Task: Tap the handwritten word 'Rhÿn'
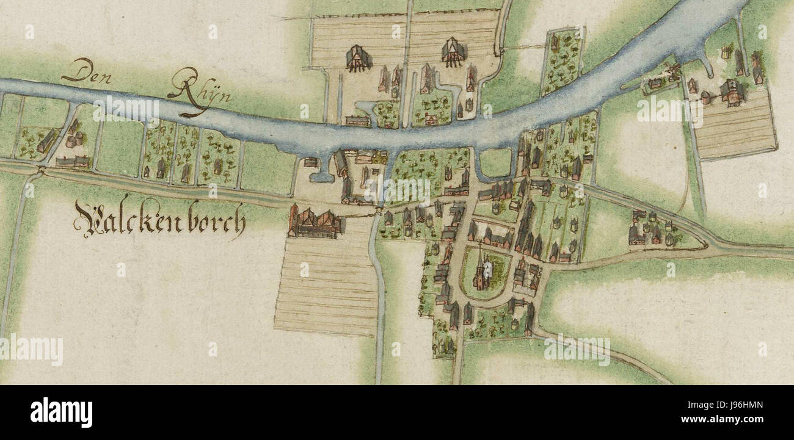(191, 92)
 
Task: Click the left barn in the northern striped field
(359, 58)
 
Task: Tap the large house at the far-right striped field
(731, 92)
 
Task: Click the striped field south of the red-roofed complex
(327, 284)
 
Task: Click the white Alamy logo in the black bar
(61, 413)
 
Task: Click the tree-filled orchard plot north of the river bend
(561, 61)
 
